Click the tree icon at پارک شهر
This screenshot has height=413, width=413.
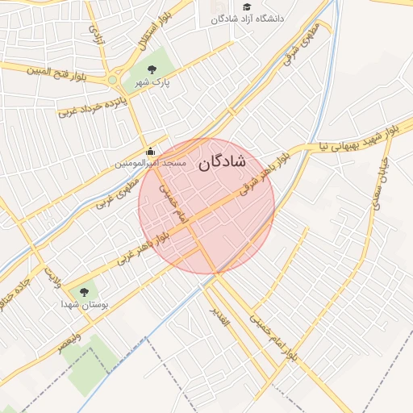coord(152,68)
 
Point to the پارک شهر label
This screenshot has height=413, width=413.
coord(152,82)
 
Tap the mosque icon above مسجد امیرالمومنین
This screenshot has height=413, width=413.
coord(150,151)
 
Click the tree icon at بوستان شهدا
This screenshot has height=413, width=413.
coord(83,292)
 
